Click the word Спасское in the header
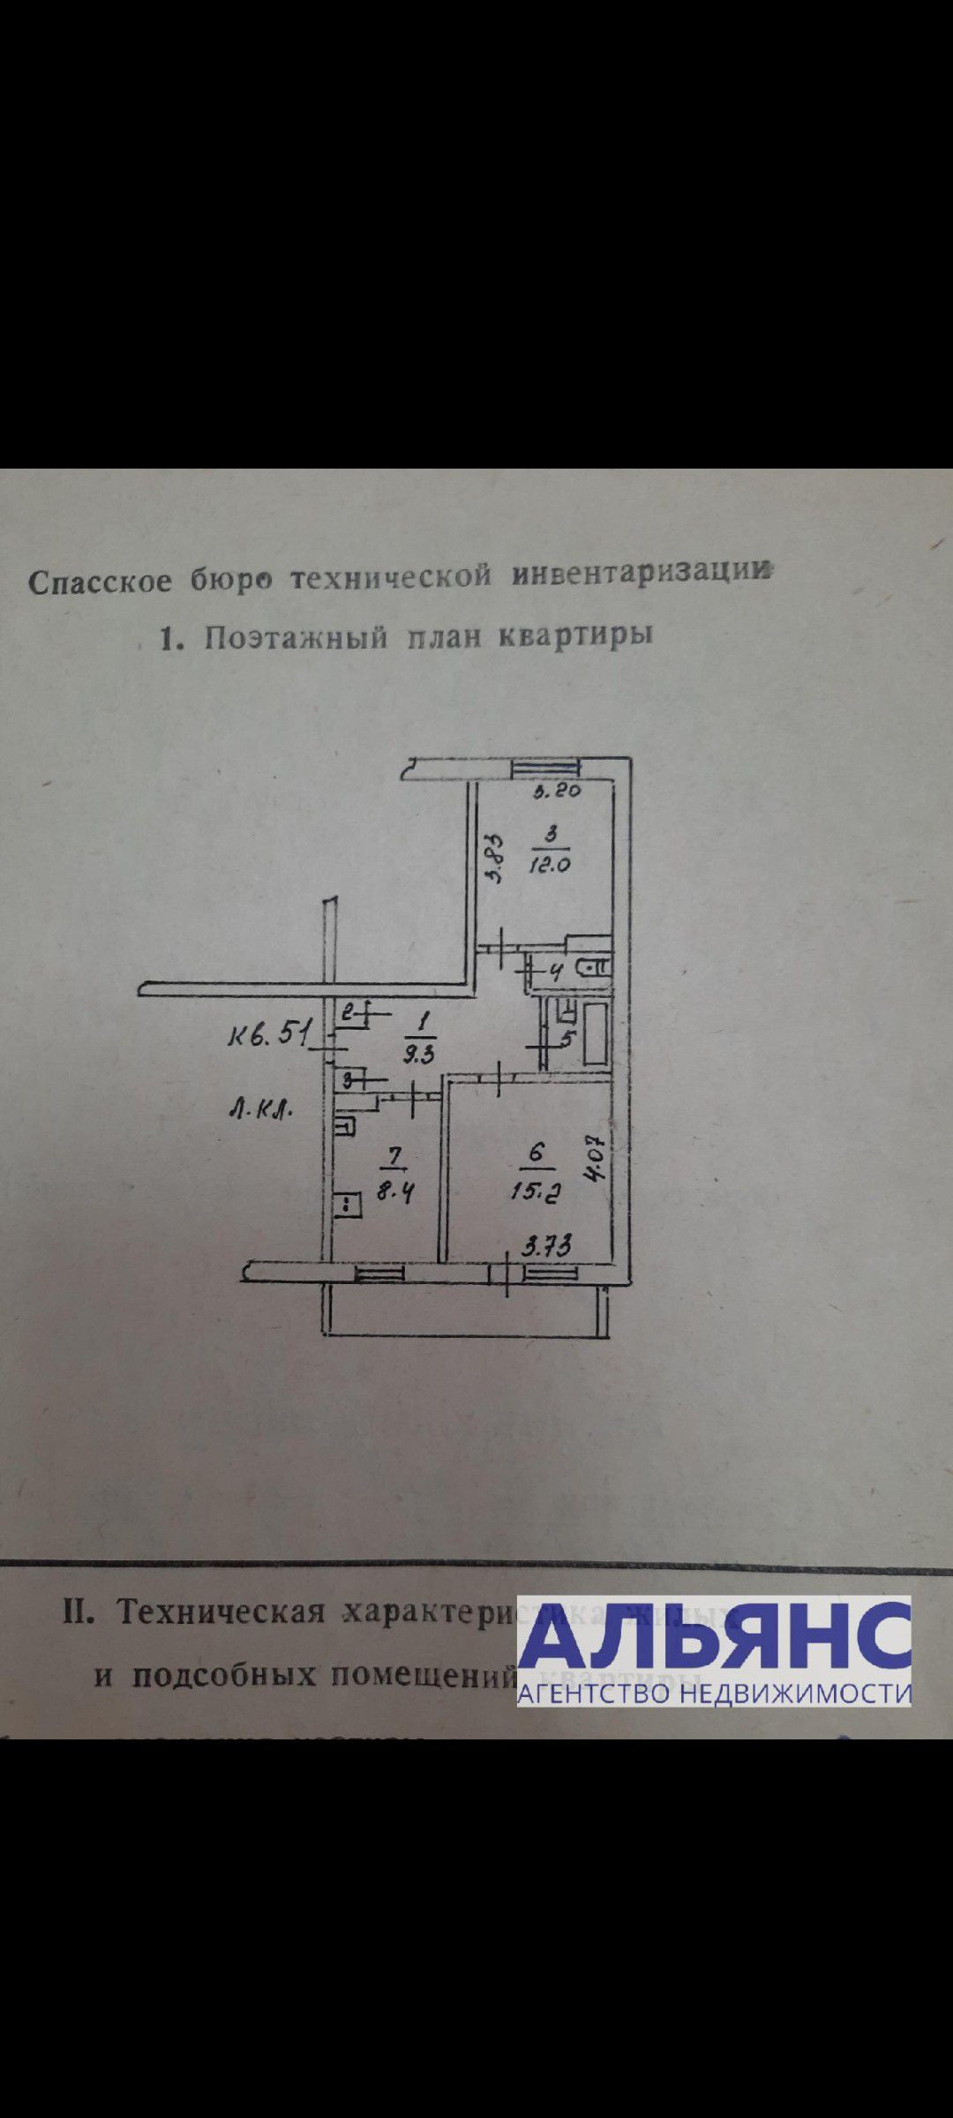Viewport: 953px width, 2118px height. pos(100,582)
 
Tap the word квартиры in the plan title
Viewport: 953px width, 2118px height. pos(575,635)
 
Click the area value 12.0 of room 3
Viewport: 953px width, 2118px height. pos(549,865)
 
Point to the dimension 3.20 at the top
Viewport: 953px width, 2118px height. pos(558,792)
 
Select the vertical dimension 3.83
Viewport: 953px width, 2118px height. pos(495,860)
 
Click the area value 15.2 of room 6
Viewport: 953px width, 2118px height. pos(537,1191)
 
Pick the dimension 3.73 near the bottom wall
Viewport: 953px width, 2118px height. pos(547,1246)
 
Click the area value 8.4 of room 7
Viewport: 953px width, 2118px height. pos(395,1193)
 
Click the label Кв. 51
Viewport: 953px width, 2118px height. pos(267,1033)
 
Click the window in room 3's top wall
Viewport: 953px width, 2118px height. pos(546,769)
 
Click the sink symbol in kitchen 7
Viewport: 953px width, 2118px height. pos(345,1126)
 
